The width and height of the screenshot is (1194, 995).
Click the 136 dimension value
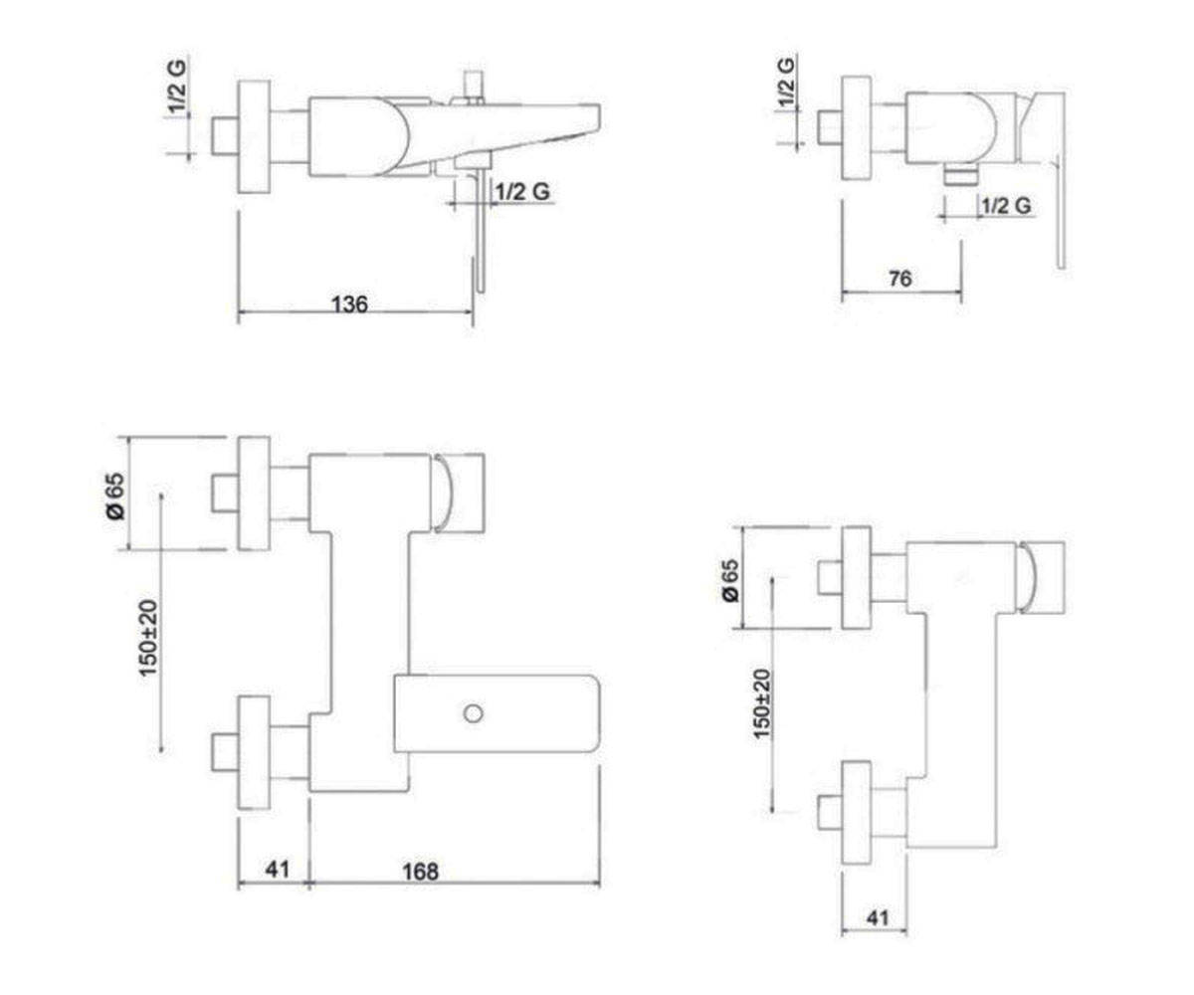tap(349, 303)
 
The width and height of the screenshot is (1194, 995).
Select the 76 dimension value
tap(899, 279)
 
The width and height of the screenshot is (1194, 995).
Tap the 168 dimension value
tap(420, 872)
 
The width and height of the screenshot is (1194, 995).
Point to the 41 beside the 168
tap(278, 870)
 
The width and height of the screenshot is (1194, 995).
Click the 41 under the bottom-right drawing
tap(878, 917)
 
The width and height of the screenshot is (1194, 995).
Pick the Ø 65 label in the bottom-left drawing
tap(115, 496)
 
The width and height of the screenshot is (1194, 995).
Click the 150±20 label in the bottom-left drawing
tap(147, 638)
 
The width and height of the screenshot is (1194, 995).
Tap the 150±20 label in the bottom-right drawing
tap(762, 703)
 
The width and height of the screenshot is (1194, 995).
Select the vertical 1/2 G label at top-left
tap(177, 86)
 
